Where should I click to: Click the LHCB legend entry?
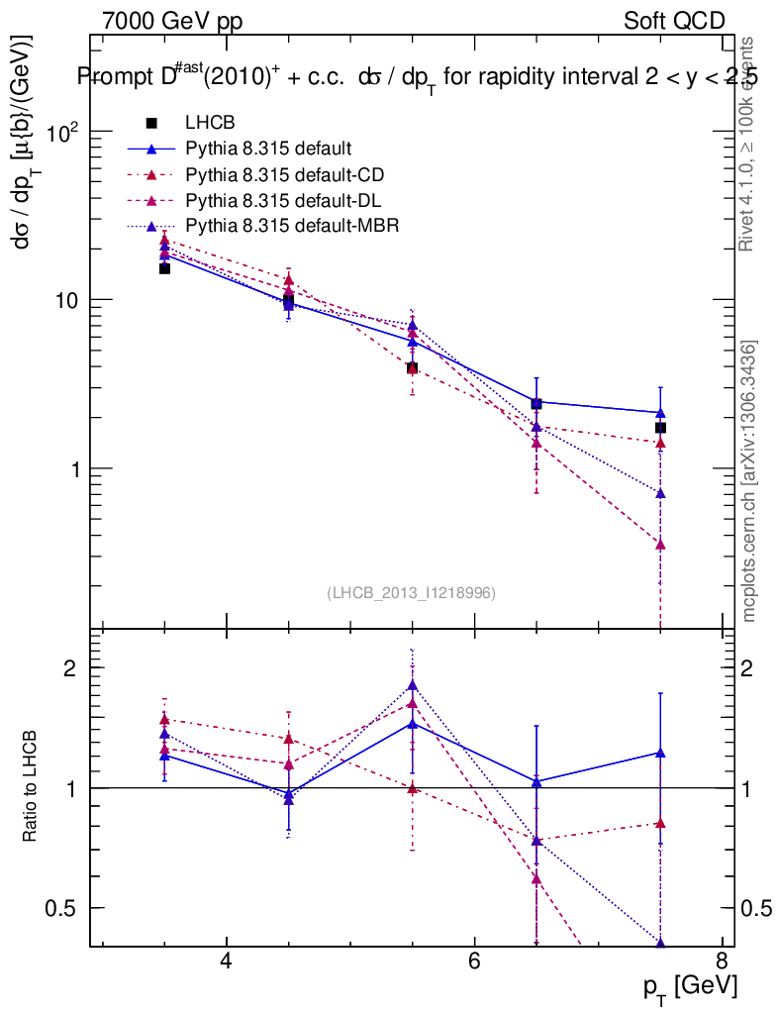pyautogui.click(x=208, y=123)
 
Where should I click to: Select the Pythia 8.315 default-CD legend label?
pyautogui.click(x=285, y=175)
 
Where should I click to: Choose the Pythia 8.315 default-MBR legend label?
pyautogui.click(x=292, y=226)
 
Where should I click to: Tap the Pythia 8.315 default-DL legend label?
pyautogui.click(x=284, y=200)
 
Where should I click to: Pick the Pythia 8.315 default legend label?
pyautogui.click(x=269, y=150)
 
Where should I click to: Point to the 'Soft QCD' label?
pyautogui.click(x=674, y=21)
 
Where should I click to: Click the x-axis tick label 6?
pyautogui.click(x=473, y=961)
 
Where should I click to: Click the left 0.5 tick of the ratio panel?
pyautogui.click(x=60, y=908)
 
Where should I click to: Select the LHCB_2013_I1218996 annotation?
pyautogui.click(x=411, y=592)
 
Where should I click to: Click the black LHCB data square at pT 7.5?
pyautogui.click(x=660, y=428)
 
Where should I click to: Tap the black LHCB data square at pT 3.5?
pyautogui.click(x=164, y=268)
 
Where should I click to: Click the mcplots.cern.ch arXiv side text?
pyautogui.click(x=749, y=481)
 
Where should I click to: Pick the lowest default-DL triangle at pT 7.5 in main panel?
pyautogui.click(x=660, y=545)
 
